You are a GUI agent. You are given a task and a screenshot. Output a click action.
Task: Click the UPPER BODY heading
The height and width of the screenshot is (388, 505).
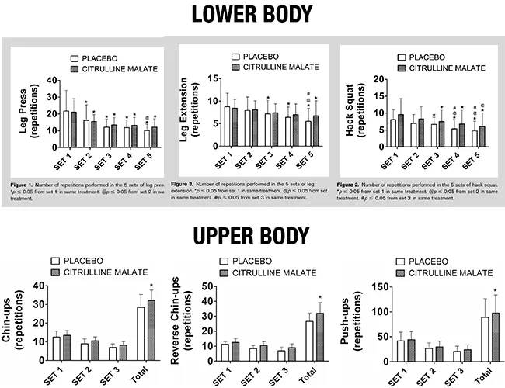252,234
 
